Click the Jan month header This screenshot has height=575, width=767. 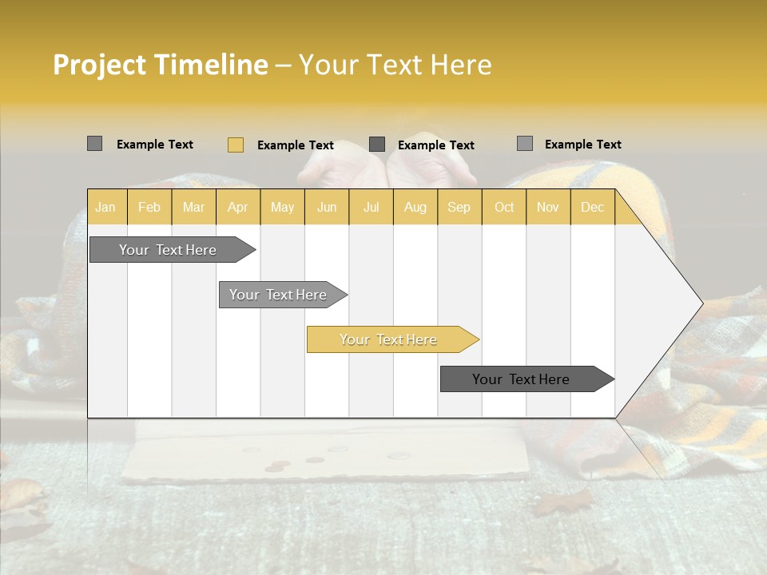coord(106,207)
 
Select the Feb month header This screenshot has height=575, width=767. coord(149,207)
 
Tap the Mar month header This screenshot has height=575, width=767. coord(193,207)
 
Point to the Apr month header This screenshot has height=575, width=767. coord(238,207)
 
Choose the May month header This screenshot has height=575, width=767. coord(282,207)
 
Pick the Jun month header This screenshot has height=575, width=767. coord(327,207)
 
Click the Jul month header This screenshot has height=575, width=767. coord(371,207)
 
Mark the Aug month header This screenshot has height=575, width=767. coord(415,207)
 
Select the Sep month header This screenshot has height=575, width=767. coord(459,207)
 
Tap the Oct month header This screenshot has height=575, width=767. coord(504,207)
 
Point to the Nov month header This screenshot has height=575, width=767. coord(548,207)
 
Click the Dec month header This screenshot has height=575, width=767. coord(592,207)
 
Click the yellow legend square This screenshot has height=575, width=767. coord(235,145)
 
